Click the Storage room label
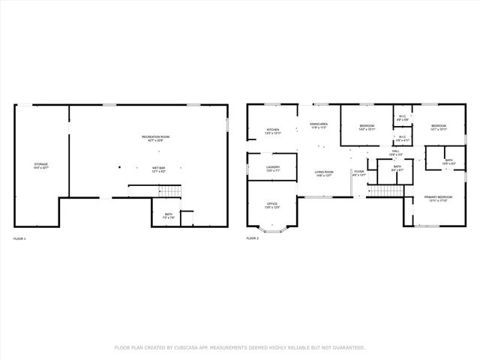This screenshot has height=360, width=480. pyautogui.click(x=41, y=166)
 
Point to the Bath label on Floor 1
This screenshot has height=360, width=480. pyautogui.click(x=169, y=216)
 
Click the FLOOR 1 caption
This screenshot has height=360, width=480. pyautogui.click(x=19, y=238)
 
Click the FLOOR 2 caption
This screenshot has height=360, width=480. pyautogui.click(x=252, y=238)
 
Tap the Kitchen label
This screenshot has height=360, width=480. pyautogui.click(x=273, y=131)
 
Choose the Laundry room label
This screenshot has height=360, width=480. pyautogui.click(x=273, y=169)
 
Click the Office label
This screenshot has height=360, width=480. pyautogui.click(x=273, y=205)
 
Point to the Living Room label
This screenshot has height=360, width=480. pyautogui.click(x=324, y=173)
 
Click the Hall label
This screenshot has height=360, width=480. pyautogui.click(x=395, y=153)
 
